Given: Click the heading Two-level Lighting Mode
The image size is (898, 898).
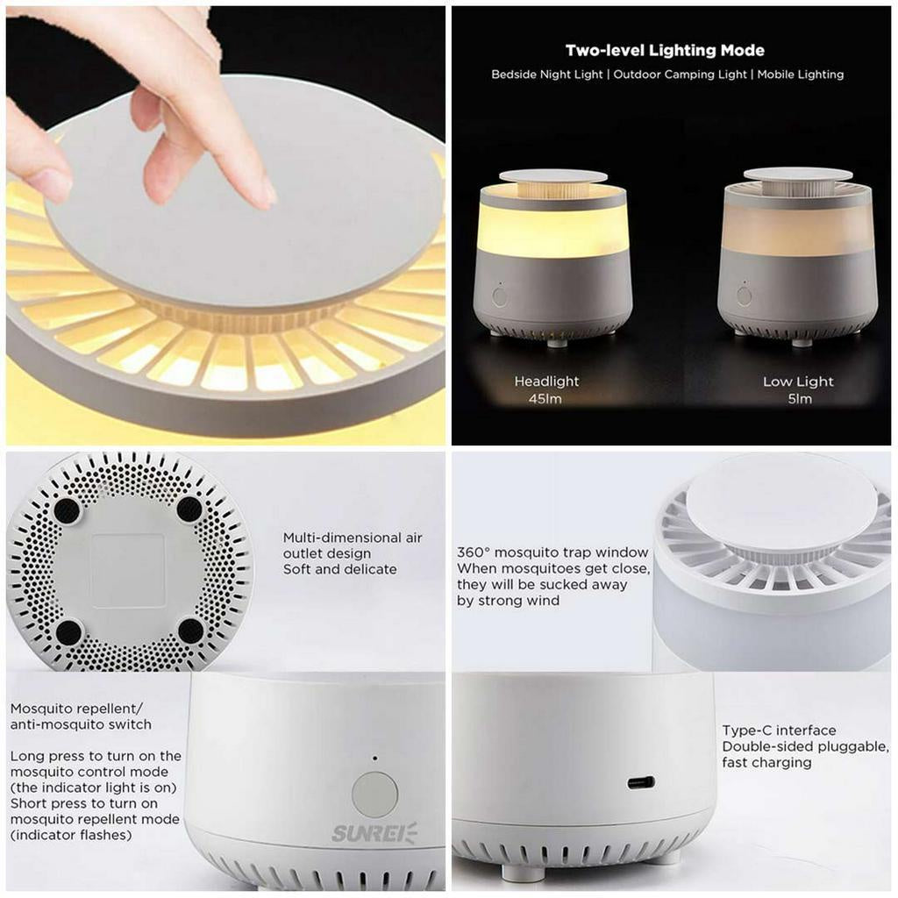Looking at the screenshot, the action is click(x=665, y=50).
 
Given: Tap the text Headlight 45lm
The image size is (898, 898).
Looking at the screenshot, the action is click(x=546, y=389).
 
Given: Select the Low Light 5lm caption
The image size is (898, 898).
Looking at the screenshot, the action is click(x=798, y=389).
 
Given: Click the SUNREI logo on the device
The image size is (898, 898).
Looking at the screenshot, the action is click(x=374, y=833).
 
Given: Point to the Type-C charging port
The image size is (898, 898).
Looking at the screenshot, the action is click(x=641, y=782).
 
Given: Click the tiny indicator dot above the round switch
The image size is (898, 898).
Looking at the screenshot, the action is click(x=375, y=759).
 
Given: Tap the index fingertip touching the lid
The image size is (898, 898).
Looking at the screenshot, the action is click(x=265, y=195).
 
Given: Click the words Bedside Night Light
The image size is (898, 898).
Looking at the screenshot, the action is click(x=547, y=75).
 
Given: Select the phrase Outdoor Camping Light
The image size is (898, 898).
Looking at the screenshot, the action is click(x=681, y=75).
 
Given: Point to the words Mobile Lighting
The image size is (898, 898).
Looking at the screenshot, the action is click(x=801, y=75).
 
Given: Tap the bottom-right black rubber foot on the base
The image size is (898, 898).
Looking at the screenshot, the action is click(x=190, y=631).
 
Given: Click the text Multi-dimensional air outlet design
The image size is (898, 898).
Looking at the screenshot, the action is click(x=353, y=545).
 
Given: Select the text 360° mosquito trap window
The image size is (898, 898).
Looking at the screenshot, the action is click(x=552, y=552).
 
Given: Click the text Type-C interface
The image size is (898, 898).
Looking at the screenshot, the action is click(x=779, y=731).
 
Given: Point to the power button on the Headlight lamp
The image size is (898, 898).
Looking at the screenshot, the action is click(x=499, y=297).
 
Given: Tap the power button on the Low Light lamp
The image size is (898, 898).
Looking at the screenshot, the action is click(x=745, y=296).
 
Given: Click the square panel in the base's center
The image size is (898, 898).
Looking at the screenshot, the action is click(x=128, y=570).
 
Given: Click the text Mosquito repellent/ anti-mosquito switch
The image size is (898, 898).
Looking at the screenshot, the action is click(x=81, y=716).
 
